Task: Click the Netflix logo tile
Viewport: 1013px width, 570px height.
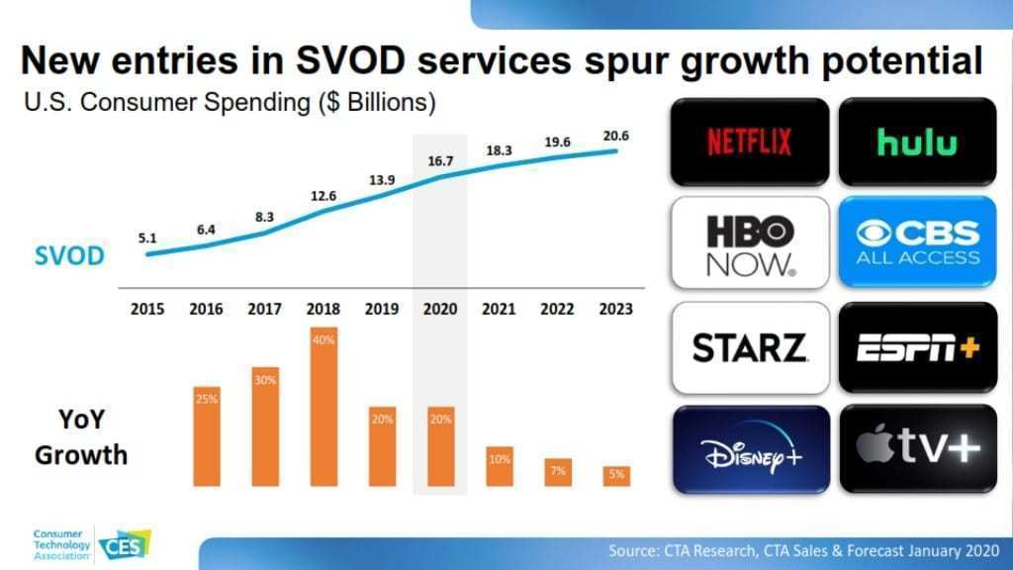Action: pyautogui.click(x=749, y=142)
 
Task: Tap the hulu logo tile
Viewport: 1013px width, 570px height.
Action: pyautogui.click(x=917, y=142)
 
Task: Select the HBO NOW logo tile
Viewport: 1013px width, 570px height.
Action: pyautogui.click(x=749, y=242)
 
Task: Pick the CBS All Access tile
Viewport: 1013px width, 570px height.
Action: pyautogui.click(x=917, y=242)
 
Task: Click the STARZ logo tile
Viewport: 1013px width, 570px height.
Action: pyautogui.click(x=749, y=347)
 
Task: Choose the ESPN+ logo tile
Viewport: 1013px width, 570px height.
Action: pyautogui.click(x=917, y=347)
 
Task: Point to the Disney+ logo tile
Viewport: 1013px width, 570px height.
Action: pyautogui.click(x=749, y=450)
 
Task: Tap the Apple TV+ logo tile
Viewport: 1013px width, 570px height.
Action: pyautogui.click(x=917, y=450)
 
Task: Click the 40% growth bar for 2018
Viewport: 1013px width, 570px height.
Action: pyautogui.click(x=324, y=406)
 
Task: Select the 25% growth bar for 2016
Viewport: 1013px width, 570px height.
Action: pyautogui.click(x=208, y=435)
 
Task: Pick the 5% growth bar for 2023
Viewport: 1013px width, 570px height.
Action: pyautogui.click(x=616, y=475)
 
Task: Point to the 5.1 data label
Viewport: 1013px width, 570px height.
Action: pyautogui.click(x=148, y=237)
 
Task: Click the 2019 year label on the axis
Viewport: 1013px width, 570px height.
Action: pyautogui.click(x=382, y=309)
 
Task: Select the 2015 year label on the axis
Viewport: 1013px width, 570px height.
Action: pyautogui.click(x=148, y=309)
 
